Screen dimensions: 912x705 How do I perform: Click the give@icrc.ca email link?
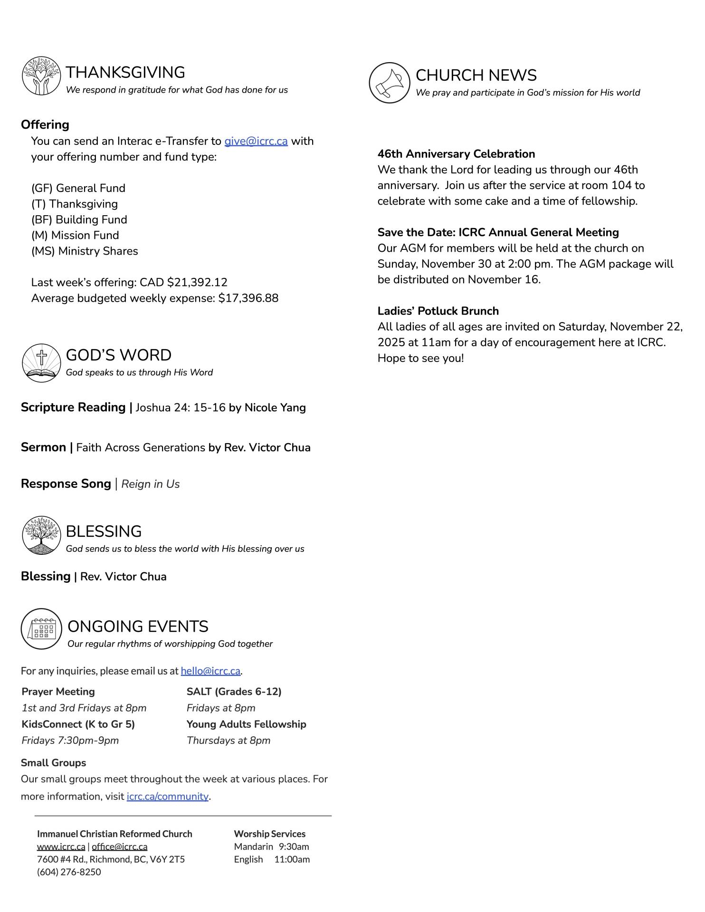[256, 141]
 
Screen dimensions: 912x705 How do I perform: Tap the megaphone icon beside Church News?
[389, 83]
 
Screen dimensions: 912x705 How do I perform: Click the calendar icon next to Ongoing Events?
[42, 629]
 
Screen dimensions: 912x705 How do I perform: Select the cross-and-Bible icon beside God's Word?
[41, 363]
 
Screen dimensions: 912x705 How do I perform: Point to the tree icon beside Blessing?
[41, 535]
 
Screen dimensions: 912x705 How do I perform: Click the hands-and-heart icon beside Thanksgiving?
[41, 76]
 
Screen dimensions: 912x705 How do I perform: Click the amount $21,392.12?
[197, 282]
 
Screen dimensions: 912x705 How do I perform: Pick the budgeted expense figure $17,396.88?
[248, 298]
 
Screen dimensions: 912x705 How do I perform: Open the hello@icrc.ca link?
[210, 671]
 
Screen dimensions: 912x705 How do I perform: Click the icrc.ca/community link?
[167, 796]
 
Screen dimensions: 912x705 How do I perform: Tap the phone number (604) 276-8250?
[69, 872]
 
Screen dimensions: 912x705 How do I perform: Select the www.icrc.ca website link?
[61, 846]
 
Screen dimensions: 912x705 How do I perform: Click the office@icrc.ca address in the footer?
[119, 846]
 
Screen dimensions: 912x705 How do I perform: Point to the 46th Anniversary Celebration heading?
[456, 154]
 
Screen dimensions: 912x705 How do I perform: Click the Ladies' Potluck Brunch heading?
[438, 311]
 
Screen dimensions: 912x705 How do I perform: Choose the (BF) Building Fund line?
[79, 219]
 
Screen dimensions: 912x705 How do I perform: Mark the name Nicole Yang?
[275, 408]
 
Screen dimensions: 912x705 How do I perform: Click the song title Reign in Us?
[151, 484]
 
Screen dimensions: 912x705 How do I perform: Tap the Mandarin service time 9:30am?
[294, 846]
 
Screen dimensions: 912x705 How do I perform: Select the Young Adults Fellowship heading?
[246, 724]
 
